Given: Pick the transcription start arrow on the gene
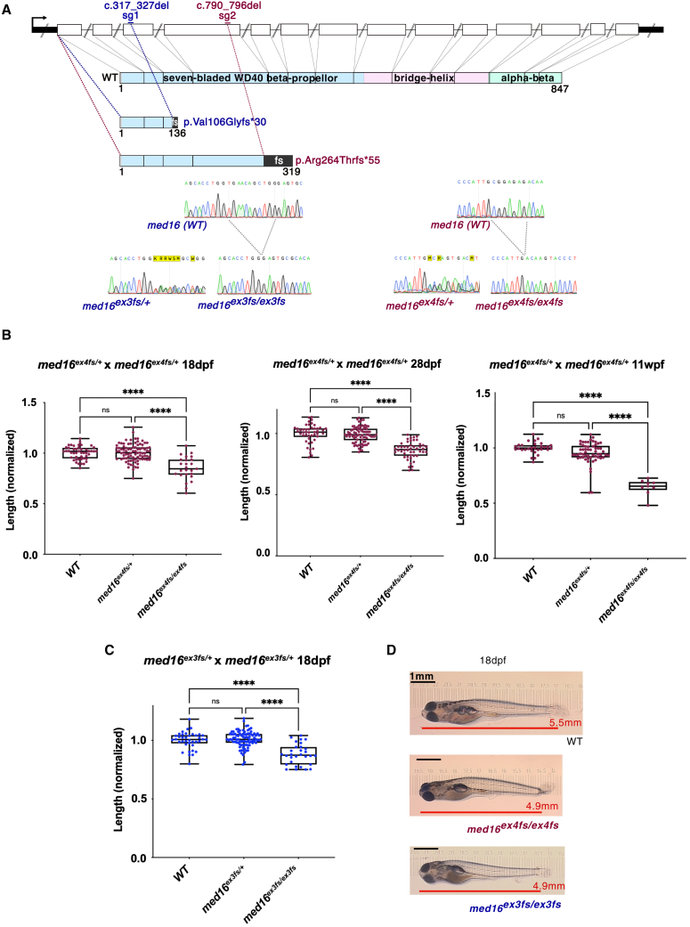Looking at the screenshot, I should point(40,19).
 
